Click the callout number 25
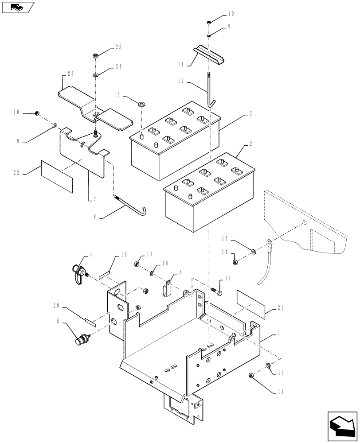(106, 47)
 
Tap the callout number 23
(70, 74)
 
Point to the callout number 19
(124, 255)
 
